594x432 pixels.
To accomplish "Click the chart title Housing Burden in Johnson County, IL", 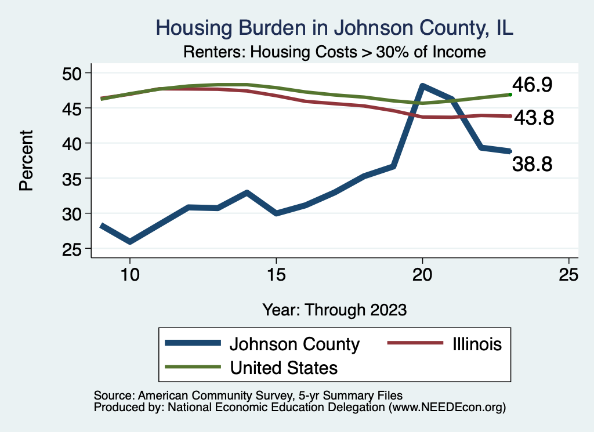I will pyautogui.click(x=335, y=28).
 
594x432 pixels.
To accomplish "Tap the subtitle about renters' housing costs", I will pyautogui.click(x=334, y=52).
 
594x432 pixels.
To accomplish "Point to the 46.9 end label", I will pyautogui.click(x=532, y=85).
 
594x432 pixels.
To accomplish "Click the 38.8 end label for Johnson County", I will pyautogui.click(x=532, y=164).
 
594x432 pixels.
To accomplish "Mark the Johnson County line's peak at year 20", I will pyautogui.click(x=422, y=86).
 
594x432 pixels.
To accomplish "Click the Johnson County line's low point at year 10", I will pyautogui.click(x=130, y=241).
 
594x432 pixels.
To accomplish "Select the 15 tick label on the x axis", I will pyautogui.click(x=276, y=274).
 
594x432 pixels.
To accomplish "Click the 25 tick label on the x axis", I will pyautogui.click(x=568, y=274).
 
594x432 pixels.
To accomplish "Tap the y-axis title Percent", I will pyautogui.click(x=26, y=161).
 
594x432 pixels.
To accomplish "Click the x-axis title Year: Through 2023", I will pyautogui.click(x=334, y=309).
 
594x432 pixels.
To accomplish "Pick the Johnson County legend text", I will pyautogui.click(x=295, y=344).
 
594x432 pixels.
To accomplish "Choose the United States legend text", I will pyautogui.click(x=284, y=367).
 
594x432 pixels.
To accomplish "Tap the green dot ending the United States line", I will pyautogui.click(x=510, y=94).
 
